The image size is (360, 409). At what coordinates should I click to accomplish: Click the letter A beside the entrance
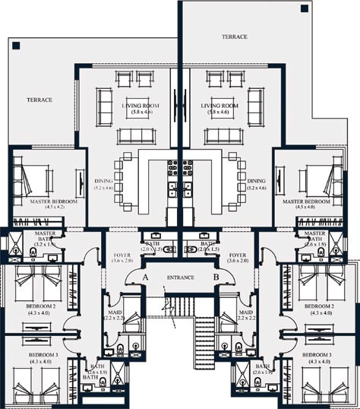coord(144,278)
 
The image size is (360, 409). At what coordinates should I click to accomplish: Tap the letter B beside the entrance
coord(216,278)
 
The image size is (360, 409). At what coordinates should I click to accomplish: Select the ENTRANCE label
coord(180,278)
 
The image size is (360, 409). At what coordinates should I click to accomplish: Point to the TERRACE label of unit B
coord(235,36)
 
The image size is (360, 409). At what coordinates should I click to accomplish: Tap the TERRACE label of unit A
coord(39,100)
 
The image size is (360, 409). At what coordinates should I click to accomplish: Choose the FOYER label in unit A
coord(122,256)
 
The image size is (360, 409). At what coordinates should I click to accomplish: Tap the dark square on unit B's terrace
coord(304,8)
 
